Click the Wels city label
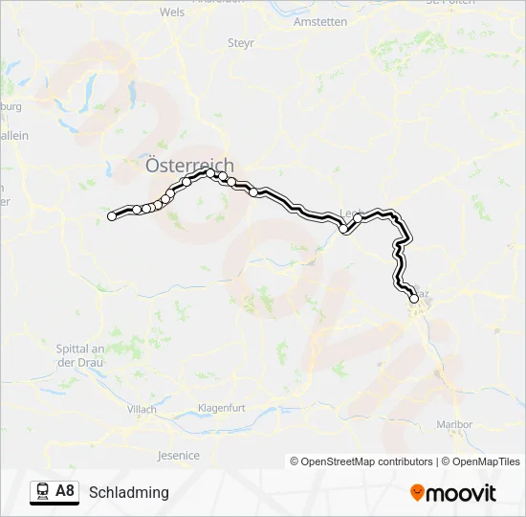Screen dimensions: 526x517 click(172, 12)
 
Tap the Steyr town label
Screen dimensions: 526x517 click(240, 43)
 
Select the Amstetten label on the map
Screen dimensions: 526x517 click(321, 21)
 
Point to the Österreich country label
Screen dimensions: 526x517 click(189, 165)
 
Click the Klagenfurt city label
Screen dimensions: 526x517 click(221, 408)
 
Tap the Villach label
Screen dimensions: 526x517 click(141, 409)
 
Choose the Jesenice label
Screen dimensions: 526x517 click(179, 456)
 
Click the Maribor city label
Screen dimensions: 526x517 click(454, 424)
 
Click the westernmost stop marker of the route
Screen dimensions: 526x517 click(112, 216)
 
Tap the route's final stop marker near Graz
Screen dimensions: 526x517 click(414, 299)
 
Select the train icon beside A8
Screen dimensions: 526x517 click(42, 492)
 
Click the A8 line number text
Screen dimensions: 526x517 click(65, 492)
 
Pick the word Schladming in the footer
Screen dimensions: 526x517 click(128, 493)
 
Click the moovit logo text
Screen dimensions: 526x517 click(462, 493)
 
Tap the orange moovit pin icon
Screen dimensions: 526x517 click(417, 493)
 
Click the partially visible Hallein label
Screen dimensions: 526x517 click(13, 136)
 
